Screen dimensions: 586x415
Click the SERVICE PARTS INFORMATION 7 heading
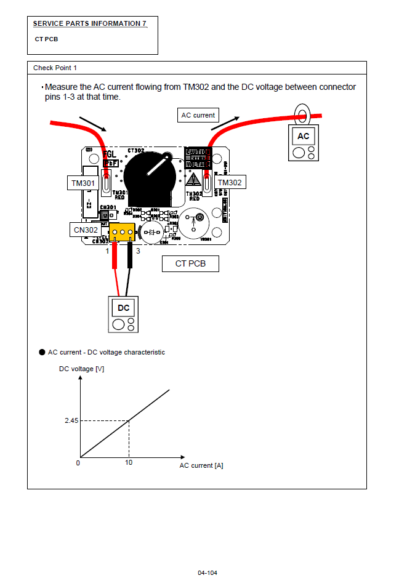[90, 23]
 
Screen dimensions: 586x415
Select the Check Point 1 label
[55, 68]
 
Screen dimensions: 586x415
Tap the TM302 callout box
[230, 183]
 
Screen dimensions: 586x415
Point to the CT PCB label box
[190, 264]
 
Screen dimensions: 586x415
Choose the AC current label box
[198, 115]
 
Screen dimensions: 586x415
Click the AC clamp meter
[304, 143]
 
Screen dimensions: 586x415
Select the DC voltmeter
[123, 314]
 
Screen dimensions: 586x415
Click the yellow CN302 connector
[123, 232]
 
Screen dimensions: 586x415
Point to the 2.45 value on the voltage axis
[72, 421]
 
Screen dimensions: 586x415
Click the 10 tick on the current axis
[129, 462]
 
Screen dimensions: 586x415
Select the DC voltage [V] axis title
[81, 369]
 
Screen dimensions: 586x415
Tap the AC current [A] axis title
[201, 465]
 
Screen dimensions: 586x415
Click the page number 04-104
[207, 572]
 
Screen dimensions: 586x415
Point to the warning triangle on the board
[194, 181]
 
